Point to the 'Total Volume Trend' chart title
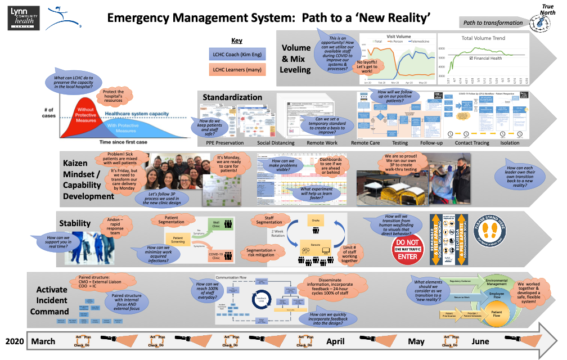coord(483,38)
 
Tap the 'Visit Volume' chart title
coord(397,36)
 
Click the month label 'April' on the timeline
coord(335,341)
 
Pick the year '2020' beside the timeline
coord(16,341)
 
